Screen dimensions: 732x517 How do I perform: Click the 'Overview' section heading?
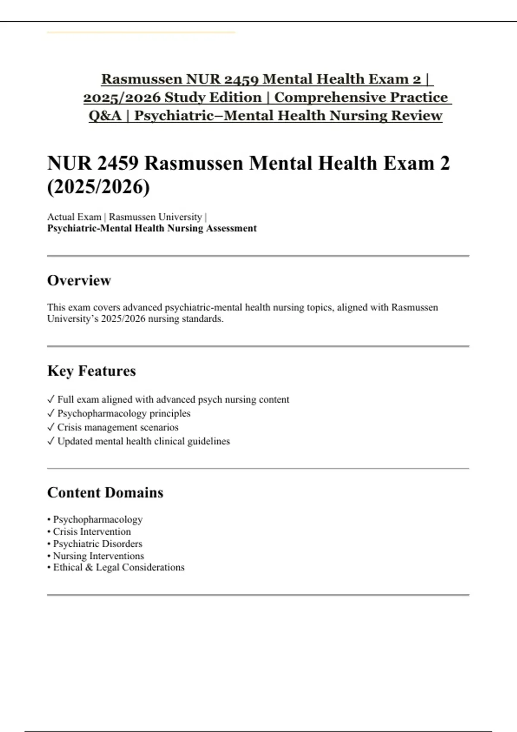(x=79, y=281)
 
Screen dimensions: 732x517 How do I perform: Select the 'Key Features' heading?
(x=91, y=371)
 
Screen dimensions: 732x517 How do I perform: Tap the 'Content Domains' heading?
(x=105, y=493)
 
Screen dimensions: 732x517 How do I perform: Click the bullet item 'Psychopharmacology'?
(x=97, y=520)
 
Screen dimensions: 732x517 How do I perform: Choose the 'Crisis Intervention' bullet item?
(x=92, y=532)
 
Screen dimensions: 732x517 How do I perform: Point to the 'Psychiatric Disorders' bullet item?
(x=97, y=544)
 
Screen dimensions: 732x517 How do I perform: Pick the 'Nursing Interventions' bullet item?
(x=98, y=556)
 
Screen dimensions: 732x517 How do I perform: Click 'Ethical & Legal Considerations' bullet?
(x=118, y=568)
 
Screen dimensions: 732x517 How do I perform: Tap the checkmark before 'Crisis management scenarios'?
(x=51, y=427)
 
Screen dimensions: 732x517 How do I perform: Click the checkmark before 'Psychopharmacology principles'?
(x=51, y=413)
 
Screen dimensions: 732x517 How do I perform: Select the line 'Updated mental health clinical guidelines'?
(x=143, y=441)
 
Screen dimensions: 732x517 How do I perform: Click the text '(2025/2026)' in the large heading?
(x=99, y=187)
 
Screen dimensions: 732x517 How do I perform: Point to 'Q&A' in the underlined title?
(x=105, y=116)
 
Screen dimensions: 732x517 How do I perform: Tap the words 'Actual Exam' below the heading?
(x=74, y=217)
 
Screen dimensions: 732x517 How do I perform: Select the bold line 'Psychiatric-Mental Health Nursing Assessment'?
(x=152, y=229)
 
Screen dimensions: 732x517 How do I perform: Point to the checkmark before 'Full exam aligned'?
(x=51, y=400)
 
